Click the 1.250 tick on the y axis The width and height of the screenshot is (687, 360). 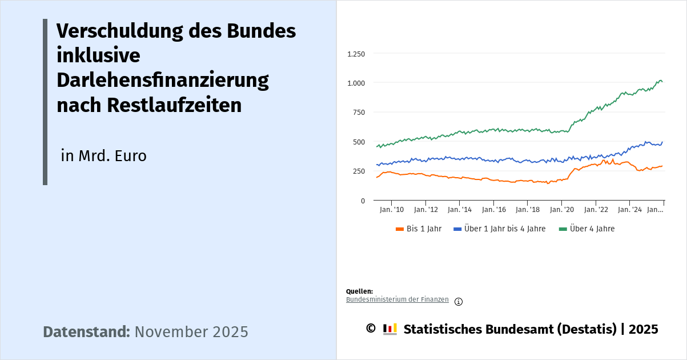coord(356,54)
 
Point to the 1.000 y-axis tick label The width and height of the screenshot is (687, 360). coord(356,83)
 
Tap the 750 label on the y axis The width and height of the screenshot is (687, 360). coord(359,113)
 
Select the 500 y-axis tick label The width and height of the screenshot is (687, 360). coord(359,142)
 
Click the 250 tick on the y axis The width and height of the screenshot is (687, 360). coord(359,171)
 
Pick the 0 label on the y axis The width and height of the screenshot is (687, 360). coord(362,201)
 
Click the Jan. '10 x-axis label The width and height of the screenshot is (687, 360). coord(392,210)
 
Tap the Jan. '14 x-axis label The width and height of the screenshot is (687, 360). coord(460,210)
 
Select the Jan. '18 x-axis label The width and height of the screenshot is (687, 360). coord(528,210)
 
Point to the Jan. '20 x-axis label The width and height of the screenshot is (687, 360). coord(561,210)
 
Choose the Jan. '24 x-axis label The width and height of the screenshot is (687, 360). coord(629,210)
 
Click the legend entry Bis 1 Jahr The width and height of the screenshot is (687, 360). coord(419,229)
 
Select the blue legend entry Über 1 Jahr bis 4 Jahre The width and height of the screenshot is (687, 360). coord(500,229)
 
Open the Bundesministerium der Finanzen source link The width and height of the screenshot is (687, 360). coord(397,299)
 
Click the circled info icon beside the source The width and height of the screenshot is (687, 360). coord(459,302)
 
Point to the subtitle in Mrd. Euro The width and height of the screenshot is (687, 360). coord(104,156)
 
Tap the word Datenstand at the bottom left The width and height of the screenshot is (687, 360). coord(86,332)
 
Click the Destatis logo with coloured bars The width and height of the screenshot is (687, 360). coord(390,329)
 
